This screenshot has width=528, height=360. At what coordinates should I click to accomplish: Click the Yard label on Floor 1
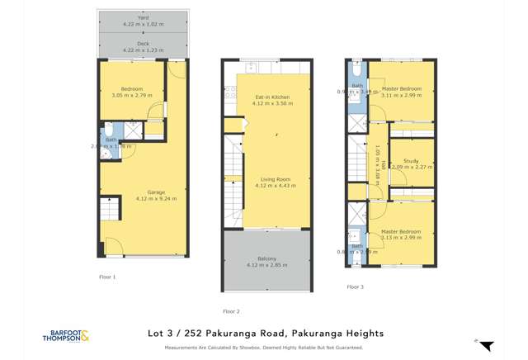pyautogui.click(x=144, y=17)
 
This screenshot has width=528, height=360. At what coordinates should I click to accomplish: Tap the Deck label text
pyautogui.click(x=144, y=45)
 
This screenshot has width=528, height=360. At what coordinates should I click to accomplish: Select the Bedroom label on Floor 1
pyautogui.click(x=131, y=89)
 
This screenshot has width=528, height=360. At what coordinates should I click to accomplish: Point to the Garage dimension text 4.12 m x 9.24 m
pyautogui.click(x=156, y=199)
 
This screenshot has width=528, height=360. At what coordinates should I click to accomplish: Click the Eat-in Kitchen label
pyautogui.click(x=272, y=97)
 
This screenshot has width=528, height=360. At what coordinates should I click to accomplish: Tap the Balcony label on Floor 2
pyautogui.click(x=266, y=259)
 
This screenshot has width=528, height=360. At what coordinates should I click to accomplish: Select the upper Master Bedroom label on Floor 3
pyautogui.click(x=402, y=89)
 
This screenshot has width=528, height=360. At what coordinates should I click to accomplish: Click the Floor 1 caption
pyautogui.click(x=107, y=277)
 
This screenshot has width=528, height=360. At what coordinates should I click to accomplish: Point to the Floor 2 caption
pyautogui.click(x=231, y=311)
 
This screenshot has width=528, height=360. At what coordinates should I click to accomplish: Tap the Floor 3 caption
pyautogui.click(x=355, y=287)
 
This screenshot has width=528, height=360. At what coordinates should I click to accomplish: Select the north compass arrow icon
pyautogui.click(x=485, y=345)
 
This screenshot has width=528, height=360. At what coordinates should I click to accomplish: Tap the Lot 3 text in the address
pyautogui.click(x=163, y=334)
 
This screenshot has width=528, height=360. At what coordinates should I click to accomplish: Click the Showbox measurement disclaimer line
pyautogui.click(x=264, y=348)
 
